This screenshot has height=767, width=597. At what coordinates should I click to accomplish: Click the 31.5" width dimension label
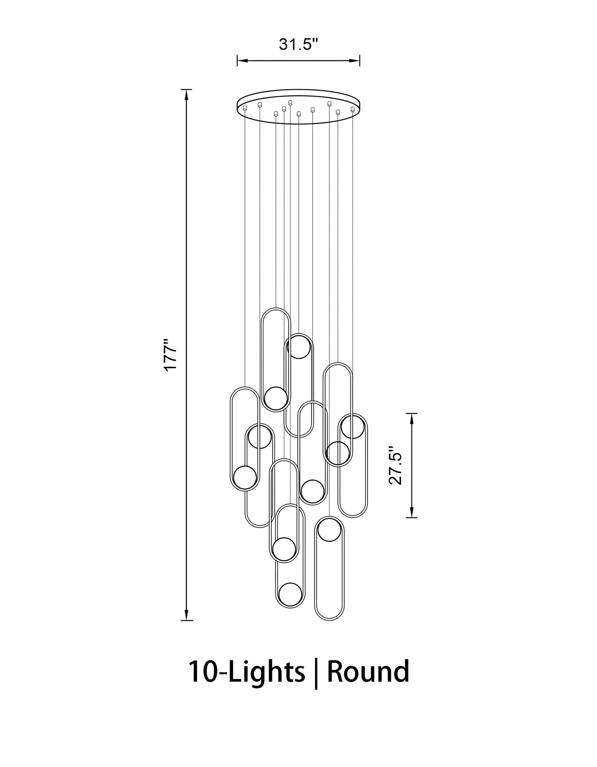[x=298, y=44]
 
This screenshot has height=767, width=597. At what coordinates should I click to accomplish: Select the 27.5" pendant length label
[x=395, y=465]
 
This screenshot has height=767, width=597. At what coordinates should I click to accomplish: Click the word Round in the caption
[x=368, y=672]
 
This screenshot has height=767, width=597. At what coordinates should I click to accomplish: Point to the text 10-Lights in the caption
[x=247, y=672]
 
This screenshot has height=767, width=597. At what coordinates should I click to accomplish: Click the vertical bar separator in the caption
[x=316, y=674]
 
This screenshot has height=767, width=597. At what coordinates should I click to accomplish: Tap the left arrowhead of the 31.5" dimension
[x=241, y=61]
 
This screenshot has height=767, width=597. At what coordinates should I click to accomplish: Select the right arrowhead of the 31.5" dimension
[x=355, y=61]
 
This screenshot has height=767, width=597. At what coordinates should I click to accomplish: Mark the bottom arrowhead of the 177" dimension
[x=187, y=615]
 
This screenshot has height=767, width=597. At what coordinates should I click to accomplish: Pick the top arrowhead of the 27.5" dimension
[x=411, y=418]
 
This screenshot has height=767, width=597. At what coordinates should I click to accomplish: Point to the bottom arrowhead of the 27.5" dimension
[x=411, y=512]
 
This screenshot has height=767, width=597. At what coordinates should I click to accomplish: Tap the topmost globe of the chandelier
[x=298, y=347]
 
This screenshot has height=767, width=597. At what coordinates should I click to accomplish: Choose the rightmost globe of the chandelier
[x=352, y=427]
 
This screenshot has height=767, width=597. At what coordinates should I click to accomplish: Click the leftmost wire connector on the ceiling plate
[x=245, y=108]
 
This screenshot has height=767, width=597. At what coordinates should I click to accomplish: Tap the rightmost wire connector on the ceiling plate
[x=352, y=110]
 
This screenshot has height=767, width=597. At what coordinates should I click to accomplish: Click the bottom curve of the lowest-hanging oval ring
[x=329, y=619]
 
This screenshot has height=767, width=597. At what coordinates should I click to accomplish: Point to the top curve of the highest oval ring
[x=276, y=309]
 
